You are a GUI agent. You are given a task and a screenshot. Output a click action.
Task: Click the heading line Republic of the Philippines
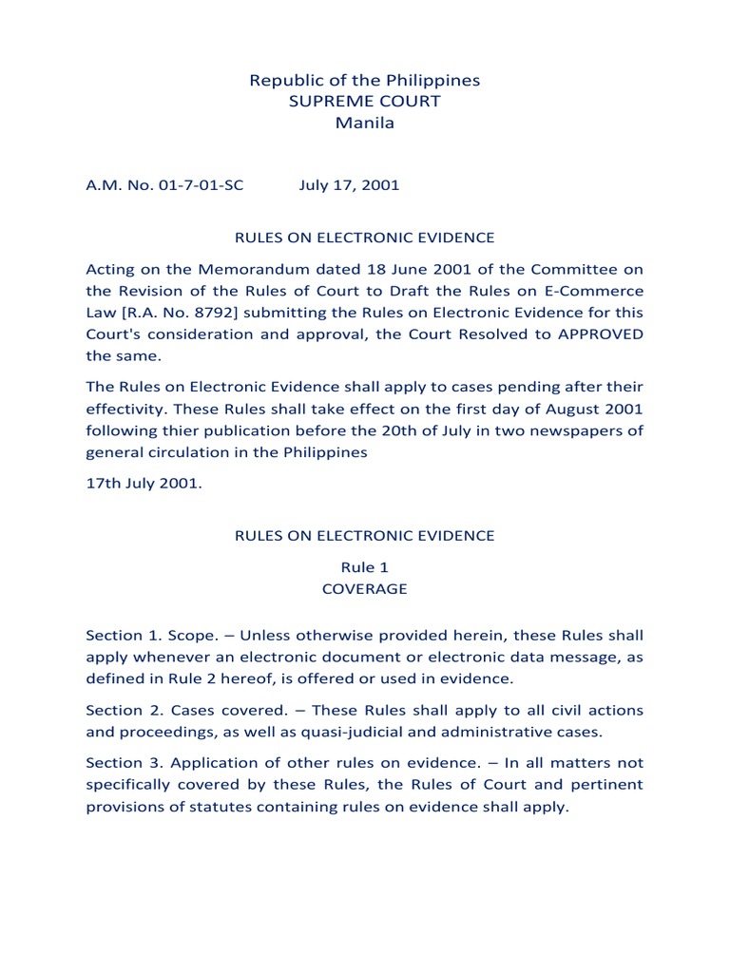pyautogui.click(x=364, y=81)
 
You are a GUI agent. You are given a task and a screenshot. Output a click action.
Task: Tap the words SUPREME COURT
pyautogui.click(x=364, y=102)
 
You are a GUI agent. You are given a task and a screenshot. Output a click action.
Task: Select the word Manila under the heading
pyautogui.click(x=364, y=123)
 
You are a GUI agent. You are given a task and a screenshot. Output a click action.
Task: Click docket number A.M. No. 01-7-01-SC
pyautogui.click(x=164, y=185)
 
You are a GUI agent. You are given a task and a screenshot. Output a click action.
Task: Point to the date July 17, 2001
pyautogui.click(x=349, y=185)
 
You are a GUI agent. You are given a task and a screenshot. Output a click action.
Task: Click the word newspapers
pyautogui.click(x=569, y=430)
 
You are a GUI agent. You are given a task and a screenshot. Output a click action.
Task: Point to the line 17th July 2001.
pyautogui.click(x=144, y=485)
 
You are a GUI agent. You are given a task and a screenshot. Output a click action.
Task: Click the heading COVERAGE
pyautogui.click(x=364, y=589)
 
